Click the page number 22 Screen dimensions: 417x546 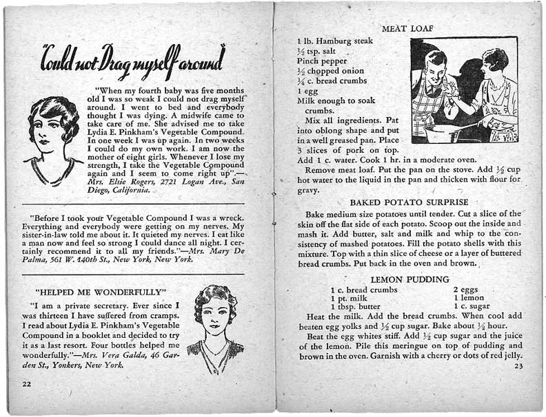click(26, 383)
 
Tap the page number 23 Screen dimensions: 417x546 click(519, 366)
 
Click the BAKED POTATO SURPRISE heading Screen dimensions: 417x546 click(410, 203)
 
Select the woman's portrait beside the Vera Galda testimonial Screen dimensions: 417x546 click(215, 328)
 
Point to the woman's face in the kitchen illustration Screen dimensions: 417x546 click(494, 63)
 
